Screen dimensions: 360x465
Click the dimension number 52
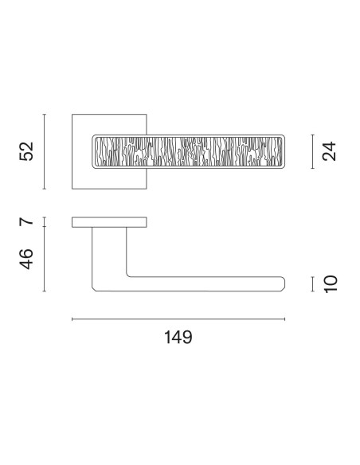[26, 151]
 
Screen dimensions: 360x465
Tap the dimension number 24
[329, 151]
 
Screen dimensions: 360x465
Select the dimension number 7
[26, 221]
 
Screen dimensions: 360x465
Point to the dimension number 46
[26, 259]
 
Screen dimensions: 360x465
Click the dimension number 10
[330, 284]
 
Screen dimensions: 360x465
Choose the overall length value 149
[178, 337]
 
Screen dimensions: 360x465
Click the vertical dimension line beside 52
[44, 151]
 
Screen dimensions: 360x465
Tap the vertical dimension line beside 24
[312, 151]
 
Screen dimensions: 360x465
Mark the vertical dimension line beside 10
[312, 284]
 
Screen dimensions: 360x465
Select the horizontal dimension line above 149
[178, 319]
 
